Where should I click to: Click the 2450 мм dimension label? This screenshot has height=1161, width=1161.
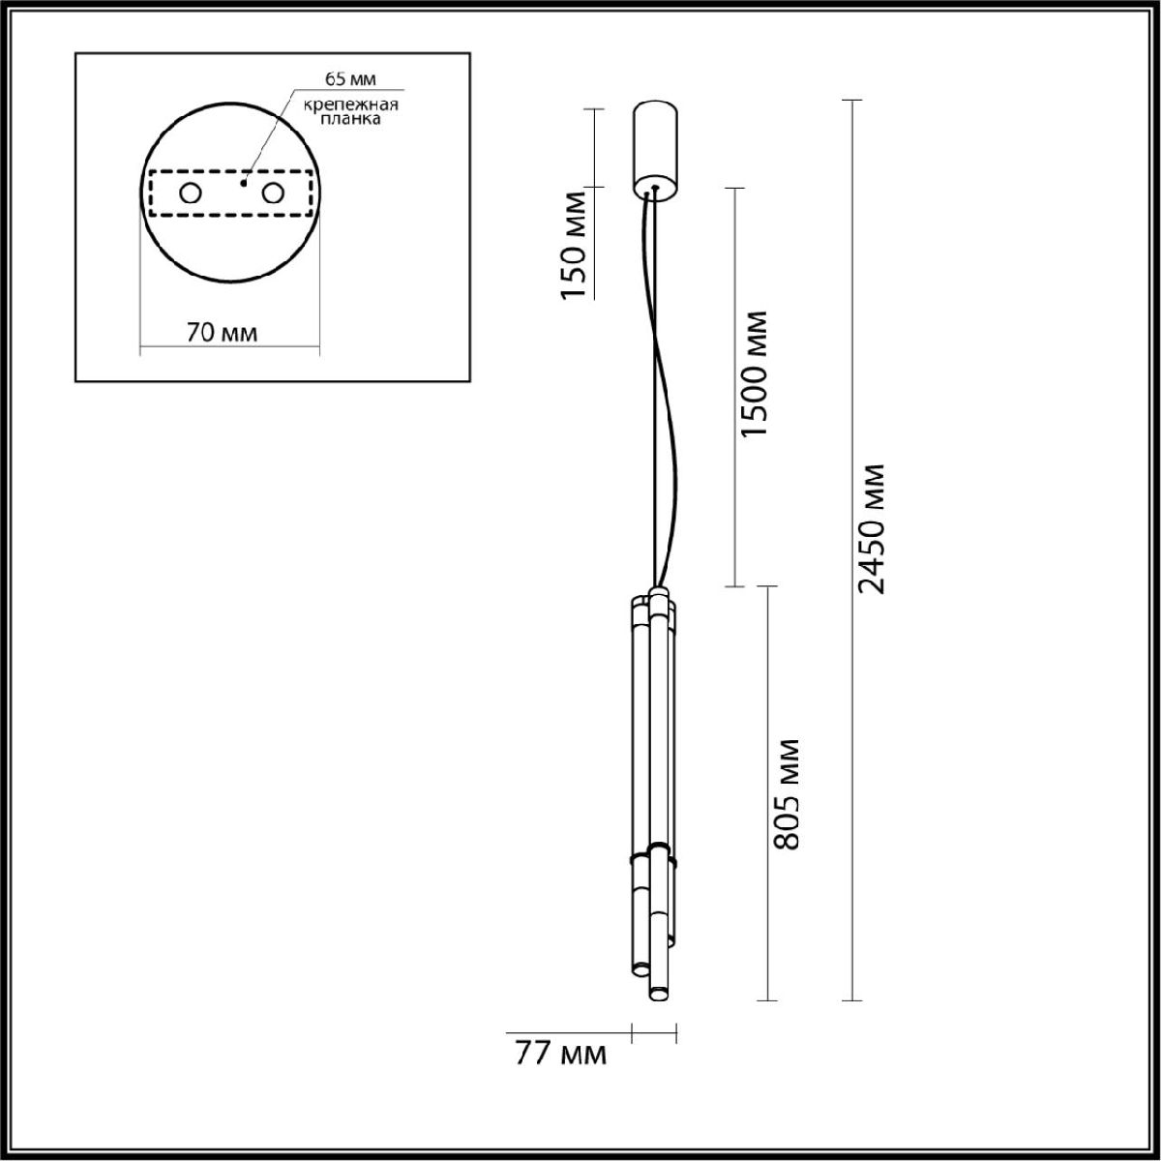click(x=873, y=528)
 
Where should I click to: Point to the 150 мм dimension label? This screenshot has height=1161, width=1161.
click(x=575, y=246)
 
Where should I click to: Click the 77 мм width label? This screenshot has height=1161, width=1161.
click(x=560, y=1054)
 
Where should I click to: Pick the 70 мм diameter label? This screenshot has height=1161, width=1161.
click(x=222, y=333)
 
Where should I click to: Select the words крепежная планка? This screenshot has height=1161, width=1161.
click(x=338, y=113)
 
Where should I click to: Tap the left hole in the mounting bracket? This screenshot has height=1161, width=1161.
click(x=190, y=193)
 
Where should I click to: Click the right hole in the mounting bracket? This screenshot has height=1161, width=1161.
click(x=274, y=193)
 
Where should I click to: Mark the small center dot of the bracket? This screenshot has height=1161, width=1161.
click(x=246, y=181)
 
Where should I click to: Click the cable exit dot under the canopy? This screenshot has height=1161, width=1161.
click(x=655, y=188)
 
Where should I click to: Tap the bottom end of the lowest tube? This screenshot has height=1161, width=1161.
click(x=659, y=994)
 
